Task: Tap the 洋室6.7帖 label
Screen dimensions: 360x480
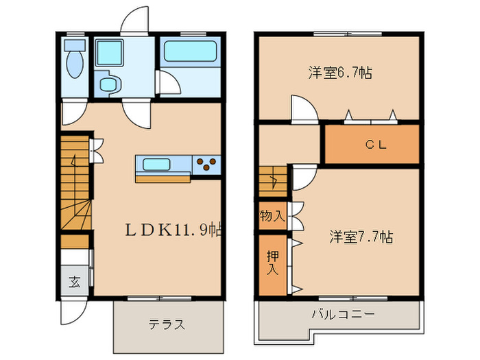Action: click(340, 73)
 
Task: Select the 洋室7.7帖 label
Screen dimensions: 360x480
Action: click(361, 237)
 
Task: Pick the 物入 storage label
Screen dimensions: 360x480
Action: click(272, 216)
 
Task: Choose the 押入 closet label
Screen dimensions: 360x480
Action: click(272, 263)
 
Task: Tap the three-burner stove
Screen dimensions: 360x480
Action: click(206, 164)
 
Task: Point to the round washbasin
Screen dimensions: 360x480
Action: click(109, 84)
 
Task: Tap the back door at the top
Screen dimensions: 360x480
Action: click(134, 21)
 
